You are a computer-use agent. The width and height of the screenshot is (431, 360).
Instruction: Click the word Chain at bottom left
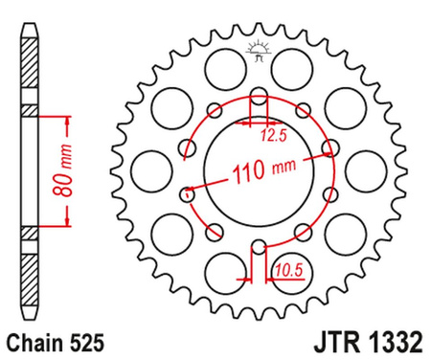pyautogui.click(x=33, y=339)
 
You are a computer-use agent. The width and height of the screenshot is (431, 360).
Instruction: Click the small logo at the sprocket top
pyautogui.click(x=258, y=50)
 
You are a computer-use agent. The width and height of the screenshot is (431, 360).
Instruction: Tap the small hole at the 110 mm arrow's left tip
pyautogui.click(x=189, y=194)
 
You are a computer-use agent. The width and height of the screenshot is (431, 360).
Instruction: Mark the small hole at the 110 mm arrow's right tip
pyautogui.click(x=329, y=149)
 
